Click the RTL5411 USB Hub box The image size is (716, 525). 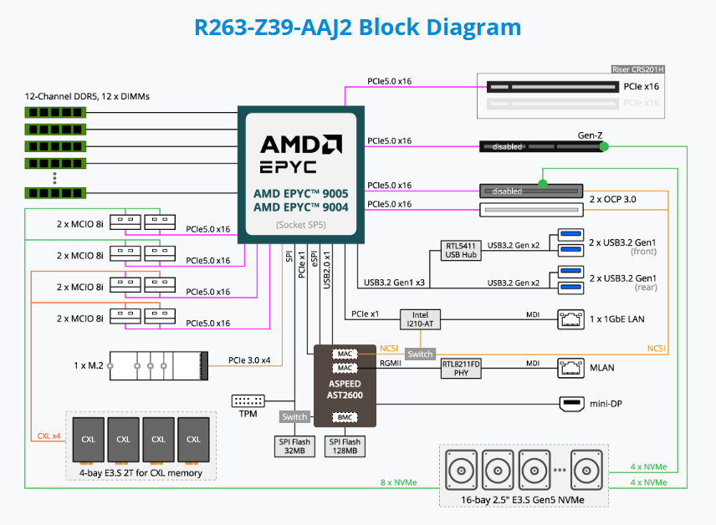[460, 250]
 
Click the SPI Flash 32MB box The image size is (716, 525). [294, 446]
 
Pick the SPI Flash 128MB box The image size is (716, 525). [345, 446]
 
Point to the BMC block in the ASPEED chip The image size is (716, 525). [345, 416]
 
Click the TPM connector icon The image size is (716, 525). [247, 401]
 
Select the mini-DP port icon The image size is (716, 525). [572, 405]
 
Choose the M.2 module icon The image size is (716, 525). [159, 365]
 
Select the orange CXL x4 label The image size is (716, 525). [49, 436]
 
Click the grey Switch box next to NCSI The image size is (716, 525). [420, 354]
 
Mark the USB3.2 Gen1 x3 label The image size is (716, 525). [394, 283]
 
